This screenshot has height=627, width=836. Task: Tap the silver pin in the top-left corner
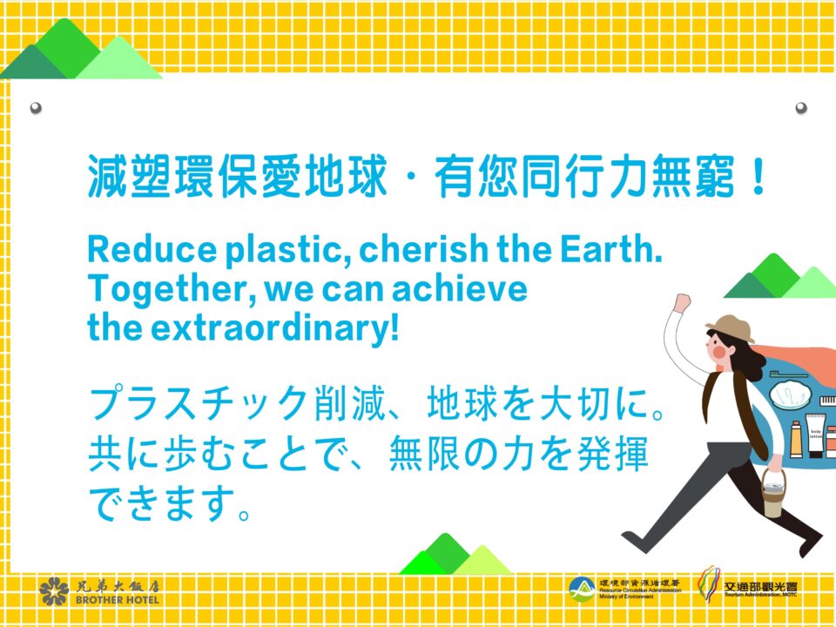point(36,108)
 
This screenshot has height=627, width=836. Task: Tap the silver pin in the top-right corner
point(801,108)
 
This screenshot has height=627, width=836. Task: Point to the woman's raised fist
point(682,303)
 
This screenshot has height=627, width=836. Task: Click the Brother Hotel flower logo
point(54,591)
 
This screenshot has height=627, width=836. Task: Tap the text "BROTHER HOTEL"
point(118,600)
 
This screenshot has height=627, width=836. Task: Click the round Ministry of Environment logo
point(583,590)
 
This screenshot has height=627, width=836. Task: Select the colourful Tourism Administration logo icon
point(709,584)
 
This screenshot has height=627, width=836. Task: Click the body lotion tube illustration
point(815,435)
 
